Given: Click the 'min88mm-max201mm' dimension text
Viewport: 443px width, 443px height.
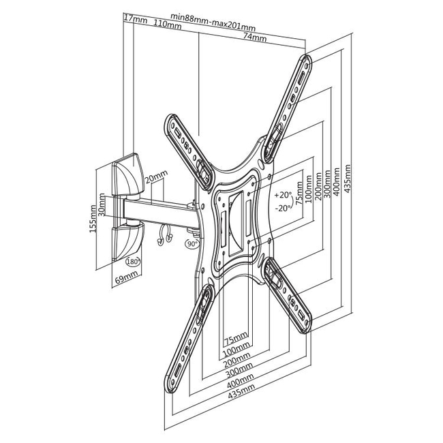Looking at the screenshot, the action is pyautogui.click(x=213, y=21).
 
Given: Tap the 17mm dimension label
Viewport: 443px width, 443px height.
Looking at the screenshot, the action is pyautogui.click(x=136, y=20).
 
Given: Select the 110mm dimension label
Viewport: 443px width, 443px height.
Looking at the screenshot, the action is pyautogui.click(x=167, y=25).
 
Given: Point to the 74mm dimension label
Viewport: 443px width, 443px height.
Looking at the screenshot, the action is pyautogui.click(x=255, y=37).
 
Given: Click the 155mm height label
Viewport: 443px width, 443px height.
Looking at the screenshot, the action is pyautogui.click(x=93, y=218).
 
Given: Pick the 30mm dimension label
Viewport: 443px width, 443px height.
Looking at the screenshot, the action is pyautogui.click(x=102, y=204).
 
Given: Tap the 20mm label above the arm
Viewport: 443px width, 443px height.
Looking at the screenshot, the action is pyautogui.click(x=157, y=177).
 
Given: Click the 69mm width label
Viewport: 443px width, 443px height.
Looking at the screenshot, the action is pyautogui.click(x=127, y=277).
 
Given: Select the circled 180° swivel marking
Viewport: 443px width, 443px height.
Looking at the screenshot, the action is pyautogui.click(x=133, y=261).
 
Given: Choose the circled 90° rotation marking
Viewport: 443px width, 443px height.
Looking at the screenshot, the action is pyautogui.click(x=192, y=243).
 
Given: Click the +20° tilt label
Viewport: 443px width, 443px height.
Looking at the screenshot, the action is pyautogui.click(x=283, y=195).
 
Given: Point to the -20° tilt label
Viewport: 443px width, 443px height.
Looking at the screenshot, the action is pyautogui.click(x=283, y=209).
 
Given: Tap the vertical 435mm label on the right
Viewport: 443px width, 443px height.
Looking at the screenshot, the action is pyautogui.click(x=347, y=179).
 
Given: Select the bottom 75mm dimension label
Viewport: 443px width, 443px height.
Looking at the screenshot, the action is pyautogui.click(x=236, y=338).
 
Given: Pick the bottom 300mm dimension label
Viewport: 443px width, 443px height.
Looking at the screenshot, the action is pyautogui.click(x=239, y=370).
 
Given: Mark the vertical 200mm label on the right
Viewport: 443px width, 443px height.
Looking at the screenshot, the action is pyautogui.click(x=318, y=187).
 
